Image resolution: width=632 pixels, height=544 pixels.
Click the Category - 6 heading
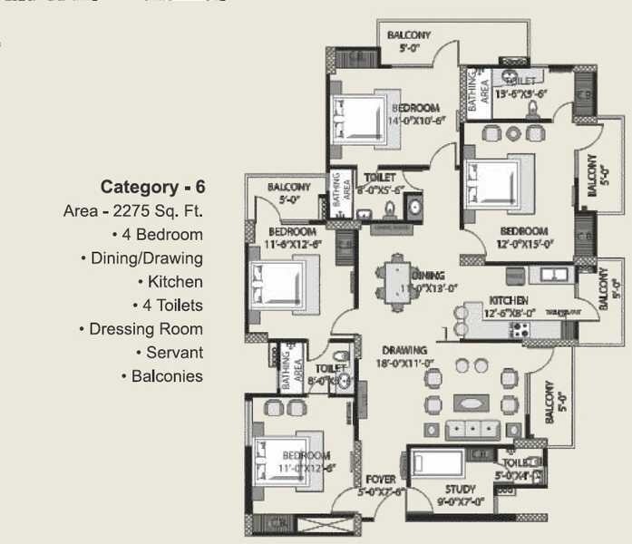click(x=152, y=188)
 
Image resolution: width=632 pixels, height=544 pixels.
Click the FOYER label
click(x=381, y=480)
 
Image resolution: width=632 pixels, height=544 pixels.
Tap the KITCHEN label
click(x=509, y=300)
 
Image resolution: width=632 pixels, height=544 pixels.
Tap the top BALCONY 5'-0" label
click(x=409, y=42)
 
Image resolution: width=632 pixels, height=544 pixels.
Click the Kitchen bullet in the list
click(x=173, y=282)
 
